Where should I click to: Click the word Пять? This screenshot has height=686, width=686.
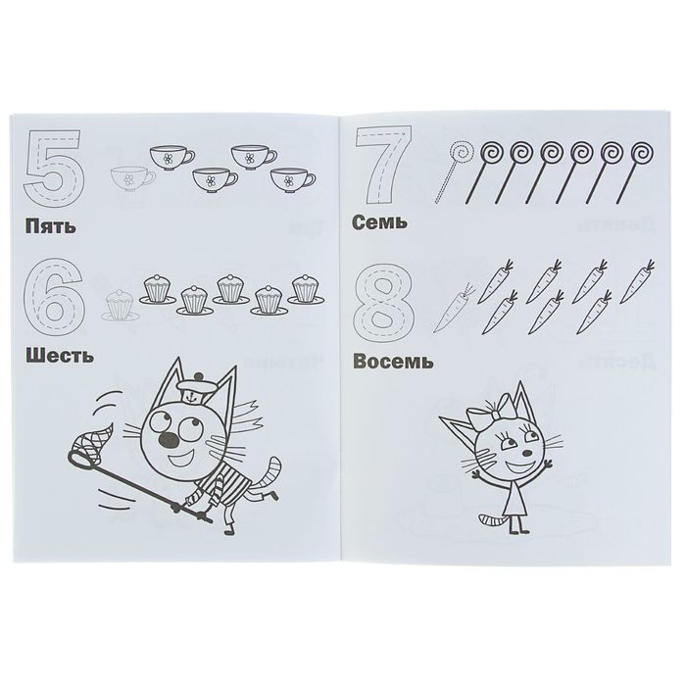pos(50,226)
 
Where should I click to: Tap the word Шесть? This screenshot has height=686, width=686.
pos(60,356)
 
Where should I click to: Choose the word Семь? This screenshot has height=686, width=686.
pos(379,222)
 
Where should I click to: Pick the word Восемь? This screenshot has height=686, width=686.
pos(393,362)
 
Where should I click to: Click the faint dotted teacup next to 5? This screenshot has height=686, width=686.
pos(130,179)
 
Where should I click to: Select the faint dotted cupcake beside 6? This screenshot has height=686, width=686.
pos(120,305)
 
